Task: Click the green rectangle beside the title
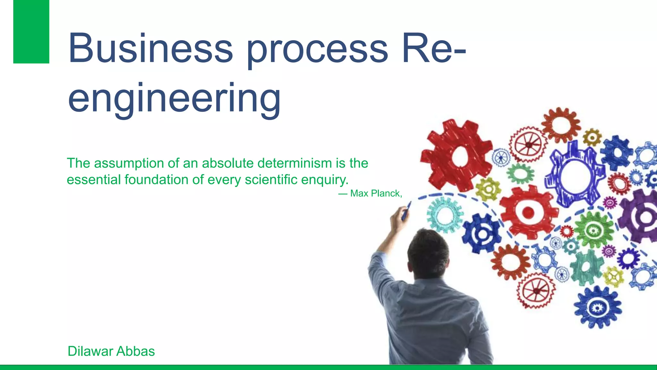tap(31, 31)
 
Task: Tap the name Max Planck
tap(375, 193)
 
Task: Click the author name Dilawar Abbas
tap(111, 351)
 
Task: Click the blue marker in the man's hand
tap(406, 211)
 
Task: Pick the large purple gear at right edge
tap(640, 216)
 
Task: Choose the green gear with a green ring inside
tap(593, 230)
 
